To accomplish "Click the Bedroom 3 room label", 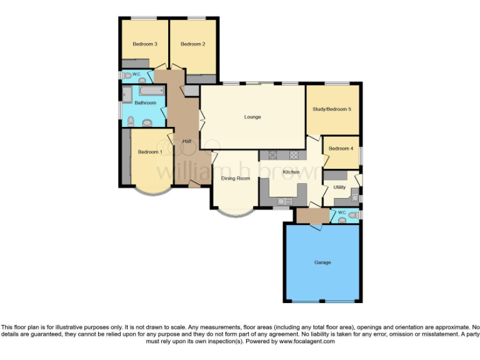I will click(x=144, y=44).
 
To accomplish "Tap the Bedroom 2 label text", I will click(x=193, y=44).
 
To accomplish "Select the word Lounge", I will click(x=252, y=117).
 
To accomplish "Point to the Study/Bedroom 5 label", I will click(x=332, y=109).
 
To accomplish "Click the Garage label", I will click(x=322, y=262).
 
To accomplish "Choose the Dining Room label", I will click(x=235, y=178).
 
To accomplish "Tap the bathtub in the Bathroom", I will click(x=151, y=91).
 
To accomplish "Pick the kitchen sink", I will click(x=284, y=201).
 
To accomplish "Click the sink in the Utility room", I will click(x=354, y=198).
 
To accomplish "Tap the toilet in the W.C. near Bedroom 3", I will click(x=127, y=76).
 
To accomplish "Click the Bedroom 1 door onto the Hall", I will click(x=171, y=137).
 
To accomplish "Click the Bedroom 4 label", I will click(x=341, y=148).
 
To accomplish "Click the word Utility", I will click(x=339, y=187).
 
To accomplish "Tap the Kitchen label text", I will click(x=291, y=172).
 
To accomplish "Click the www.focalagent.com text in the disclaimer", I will click(x=306, y=341).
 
